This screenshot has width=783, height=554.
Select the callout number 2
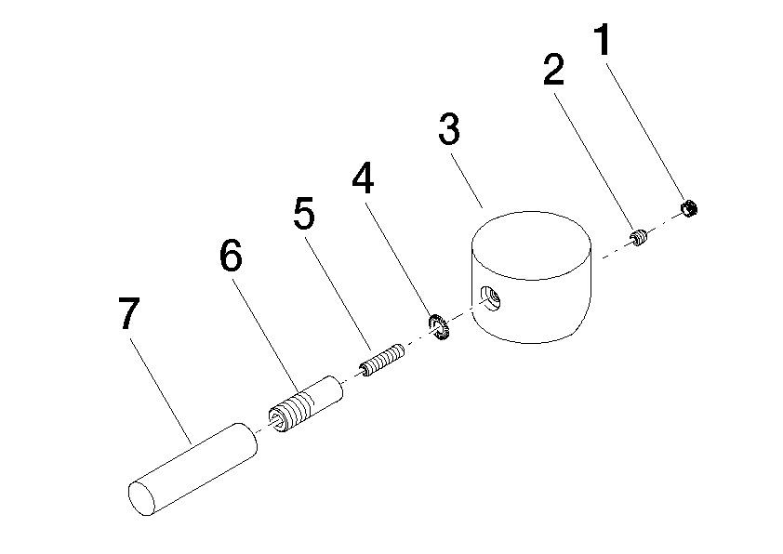(554, 70)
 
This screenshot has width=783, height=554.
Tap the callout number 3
(449, 129)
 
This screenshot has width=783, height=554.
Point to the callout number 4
(363, 178)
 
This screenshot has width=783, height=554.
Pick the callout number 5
(303, 213)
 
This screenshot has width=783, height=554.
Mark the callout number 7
(128, 313)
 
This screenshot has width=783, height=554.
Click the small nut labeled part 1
(689, 208)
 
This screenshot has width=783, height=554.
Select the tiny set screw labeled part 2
(639, 237)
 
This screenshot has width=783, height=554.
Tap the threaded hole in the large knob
(491, 300)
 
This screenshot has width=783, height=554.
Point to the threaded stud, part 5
(382, 361)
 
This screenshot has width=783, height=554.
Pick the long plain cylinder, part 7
(192, 469)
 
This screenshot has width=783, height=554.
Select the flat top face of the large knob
(532, 245)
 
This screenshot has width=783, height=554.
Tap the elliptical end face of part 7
(142, 498)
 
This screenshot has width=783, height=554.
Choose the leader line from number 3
(467, 180)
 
